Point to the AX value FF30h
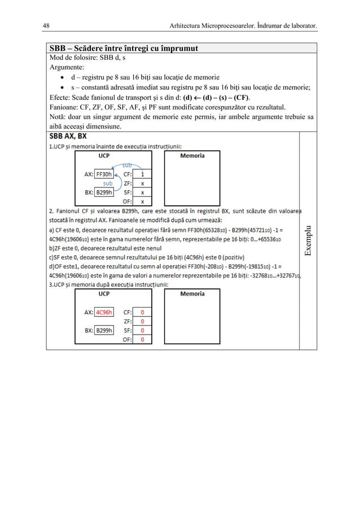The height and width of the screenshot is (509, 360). pos(104,174)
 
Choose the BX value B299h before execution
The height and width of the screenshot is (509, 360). pos(104,192)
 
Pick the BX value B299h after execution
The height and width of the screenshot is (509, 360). pos(104,330)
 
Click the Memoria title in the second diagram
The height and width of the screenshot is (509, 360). pos(192,293)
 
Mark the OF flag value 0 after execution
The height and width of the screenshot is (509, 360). pos(142,340)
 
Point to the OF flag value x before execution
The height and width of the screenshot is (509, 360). pos(142,201)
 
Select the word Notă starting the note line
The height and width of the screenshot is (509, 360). pos(58,117)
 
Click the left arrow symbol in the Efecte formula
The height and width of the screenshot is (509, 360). pos(200,97)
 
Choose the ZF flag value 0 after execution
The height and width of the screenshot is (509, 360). pos(142,321)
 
